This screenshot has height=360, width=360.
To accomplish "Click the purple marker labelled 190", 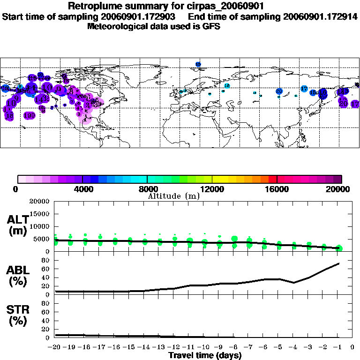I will (x=30, y=115).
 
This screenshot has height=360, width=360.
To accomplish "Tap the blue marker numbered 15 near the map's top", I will (x=198, y=64).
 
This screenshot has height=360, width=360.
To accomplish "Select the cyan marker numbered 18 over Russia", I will (x=227, y=86).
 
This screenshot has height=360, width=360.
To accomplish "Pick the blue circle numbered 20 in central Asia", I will (x=279, y=91).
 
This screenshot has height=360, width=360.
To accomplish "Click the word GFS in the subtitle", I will (x=211, y=26).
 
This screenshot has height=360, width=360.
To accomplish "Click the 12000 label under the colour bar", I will (x=212, y=189).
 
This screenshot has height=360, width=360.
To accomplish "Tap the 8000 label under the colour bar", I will (x=147, y=189).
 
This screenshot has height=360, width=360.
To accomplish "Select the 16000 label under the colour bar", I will (x=277, y=189).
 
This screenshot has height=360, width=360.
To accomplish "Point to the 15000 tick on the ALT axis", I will (x=40, y=214).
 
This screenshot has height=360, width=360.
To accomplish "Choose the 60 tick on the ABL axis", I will (x=46, y=269).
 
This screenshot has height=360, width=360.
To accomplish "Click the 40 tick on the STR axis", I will (x=46, y=321).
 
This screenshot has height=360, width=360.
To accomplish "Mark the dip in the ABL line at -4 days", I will (x=294, y=283).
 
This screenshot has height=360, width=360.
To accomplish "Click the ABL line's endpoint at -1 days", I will (x=338, y=263).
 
